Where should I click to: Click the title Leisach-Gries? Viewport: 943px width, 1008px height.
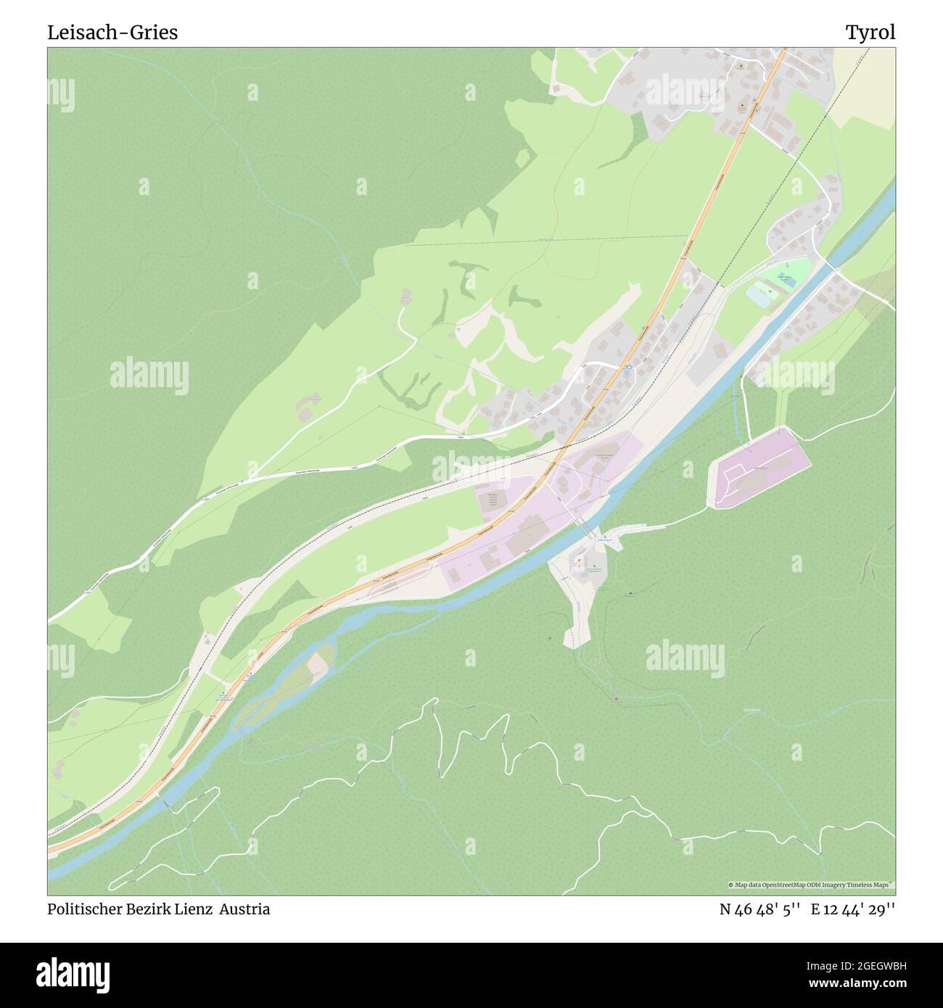112,33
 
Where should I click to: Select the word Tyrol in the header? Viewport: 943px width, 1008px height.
870,33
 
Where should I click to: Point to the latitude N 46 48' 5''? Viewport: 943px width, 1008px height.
759,909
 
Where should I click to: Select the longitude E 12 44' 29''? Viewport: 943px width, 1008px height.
853,909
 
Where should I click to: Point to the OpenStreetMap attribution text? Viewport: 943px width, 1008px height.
811,885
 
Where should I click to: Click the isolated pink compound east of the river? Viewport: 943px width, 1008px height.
759,467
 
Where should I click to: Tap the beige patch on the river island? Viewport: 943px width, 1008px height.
317,664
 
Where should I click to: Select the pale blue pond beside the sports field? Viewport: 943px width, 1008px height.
759,296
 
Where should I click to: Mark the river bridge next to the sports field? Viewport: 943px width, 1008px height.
827,265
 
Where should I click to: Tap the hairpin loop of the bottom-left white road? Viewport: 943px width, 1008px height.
116,884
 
